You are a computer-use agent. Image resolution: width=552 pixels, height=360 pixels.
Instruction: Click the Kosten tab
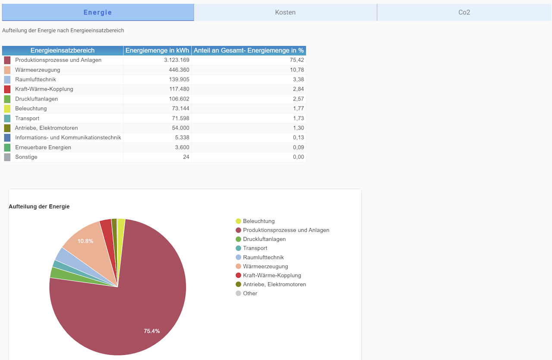(x=285, y=13)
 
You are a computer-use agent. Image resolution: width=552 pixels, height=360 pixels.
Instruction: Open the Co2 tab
(x=464, y=13)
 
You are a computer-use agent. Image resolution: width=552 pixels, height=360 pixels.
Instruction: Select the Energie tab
(x=98, y=13)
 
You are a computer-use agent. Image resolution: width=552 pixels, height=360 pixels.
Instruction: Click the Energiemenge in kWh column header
(x=157, y=50)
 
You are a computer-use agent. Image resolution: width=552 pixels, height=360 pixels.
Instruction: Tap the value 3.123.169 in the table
(x=177, y=60)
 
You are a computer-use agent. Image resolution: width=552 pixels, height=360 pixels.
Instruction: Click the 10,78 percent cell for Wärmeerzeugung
(x=297, y=70)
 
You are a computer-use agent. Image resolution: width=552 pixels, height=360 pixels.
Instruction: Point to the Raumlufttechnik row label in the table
(x=35, y=79)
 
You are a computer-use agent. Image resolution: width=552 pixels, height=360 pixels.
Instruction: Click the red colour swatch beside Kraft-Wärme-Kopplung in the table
(x=7, y=89)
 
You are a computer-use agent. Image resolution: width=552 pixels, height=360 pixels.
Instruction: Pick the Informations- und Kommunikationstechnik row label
(x=68, y=138)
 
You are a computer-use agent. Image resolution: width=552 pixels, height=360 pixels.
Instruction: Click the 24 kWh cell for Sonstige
(x=186, y=157)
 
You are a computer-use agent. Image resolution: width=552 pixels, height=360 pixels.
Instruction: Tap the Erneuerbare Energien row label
(x=43, y=147)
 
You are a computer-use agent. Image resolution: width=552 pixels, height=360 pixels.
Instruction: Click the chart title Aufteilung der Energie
(x=39, y=207)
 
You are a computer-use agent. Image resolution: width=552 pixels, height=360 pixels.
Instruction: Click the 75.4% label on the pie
(x=152, y=331)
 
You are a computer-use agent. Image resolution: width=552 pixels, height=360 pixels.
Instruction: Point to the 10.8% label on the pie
(x=85, y=241)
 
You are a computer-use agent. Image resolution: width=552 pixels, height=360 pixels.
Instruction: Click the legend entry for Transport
(x=255, y=248)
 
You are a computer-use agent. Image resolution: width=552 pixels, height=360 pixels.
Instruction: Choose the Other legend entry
(x=250, y=294)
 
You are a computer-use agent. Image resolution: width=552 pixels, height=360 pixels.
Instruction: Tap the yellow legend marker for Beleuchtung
(x=238, y=221)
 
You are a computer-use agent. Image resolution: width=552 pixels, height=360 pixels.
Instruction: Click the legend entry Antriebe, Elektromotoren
(x=274, y=285)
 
